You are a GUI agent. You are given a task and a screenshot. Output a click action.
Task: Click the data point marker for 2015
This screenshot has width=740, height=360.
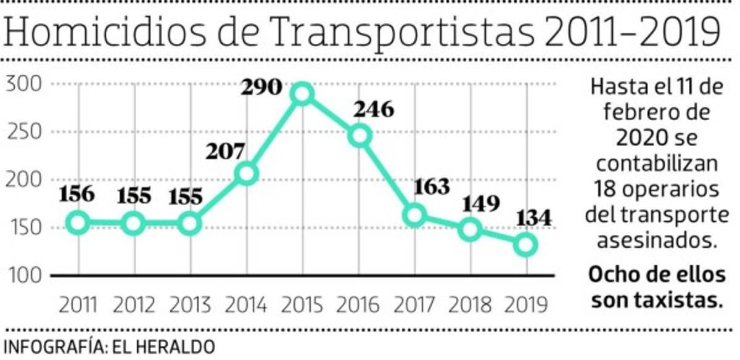(x=302, y=94)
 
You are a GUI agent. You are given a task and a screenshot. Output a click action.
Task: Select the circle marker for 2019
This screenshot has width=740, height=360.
(x=526, y=245)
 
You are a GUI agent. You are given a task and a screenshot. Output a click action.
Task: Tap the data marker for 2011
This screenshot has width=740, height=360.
(x=78, y=223)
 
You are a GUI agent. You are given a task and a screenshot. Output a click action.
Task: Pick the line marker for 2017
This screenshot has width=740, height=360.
(x=415, y=215)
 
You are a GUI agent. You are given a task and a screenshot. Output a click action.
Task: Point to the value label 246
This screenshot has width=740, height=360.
(x=373, y=110)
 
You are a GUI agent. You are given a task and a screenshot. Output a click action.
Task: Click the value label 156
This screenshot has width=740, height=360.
(x=78, y=194)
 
